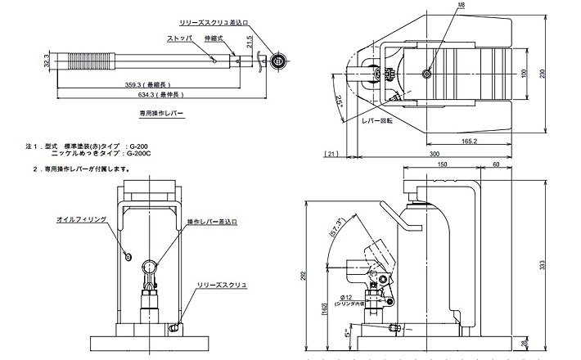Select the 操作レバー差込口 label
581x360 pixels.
pos(212,221)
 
